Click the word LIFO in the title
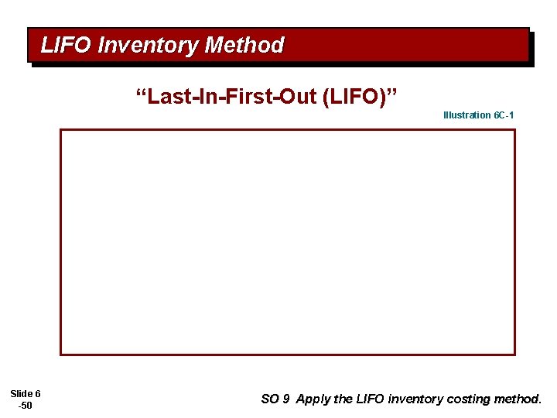[x=67, y=46]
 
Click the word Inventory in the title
[x=148, y=46]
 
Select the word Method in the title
[x=244, y=46]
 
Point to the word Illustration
[x=466, y=115]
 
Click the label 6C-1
[x=504, y=115]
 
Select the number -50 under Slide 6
[x=26, y=406]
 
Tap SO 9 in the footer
[x=275, y=399]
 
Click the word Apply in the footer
[x=313, y=399]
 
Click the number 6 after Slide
[x=37, y=394]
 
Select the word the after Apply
[x=343, y=399]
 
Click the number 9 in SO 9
[x=286, y=399]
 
